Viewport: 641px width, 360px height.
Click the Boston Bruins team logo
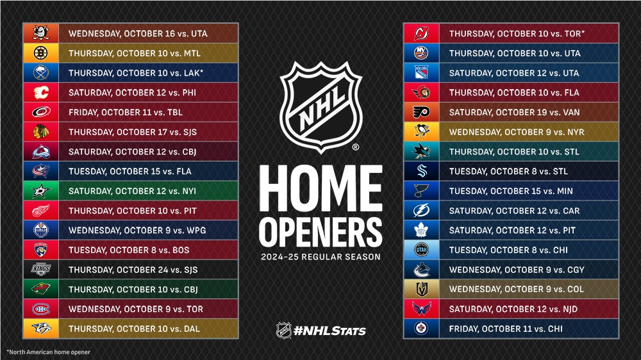tap(41, 53)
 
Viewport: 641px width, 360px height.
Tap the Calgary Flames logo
tap(41, 93)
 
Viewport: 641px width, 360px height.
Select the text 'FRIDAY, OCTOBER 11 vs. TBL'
tap(126, 113)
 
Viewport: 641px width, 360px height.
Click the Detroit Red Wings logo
tap(41, 211)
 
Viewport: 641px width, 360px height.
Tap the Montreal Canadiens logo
tap(41, 309)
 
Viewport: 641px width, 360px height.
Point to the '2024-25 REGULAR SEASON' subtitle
tap(320, 258)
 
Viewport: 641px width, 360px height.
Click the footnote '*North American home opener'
tap(48, 352)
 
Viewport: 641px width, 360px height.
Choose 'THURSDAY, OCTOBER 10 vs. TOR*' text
tap(517, 33)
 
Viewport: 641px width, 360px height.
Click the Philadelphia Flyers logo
tap(422, 112)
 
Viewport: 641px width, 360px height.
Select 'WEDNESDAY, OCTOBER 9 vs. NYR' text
tap(517, 132)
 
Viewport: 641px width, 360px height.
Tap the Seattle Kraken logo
tap(422, 171)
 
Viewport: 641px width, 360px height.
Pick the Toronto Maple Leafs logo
tap(422, 230)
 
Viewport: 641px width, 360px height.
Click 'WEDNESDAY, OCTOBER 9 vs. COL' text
tap(517, 290)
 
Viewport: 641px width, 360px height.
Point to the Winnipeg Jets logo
tap(422, 329)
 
